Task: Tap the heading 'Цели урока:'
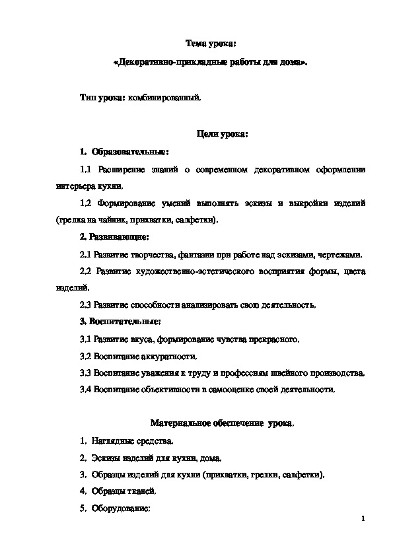click(x=223, y=135)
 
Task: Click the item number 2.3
click(x=85, y=304)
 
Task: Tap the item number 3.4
click(x=85, y=390)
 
